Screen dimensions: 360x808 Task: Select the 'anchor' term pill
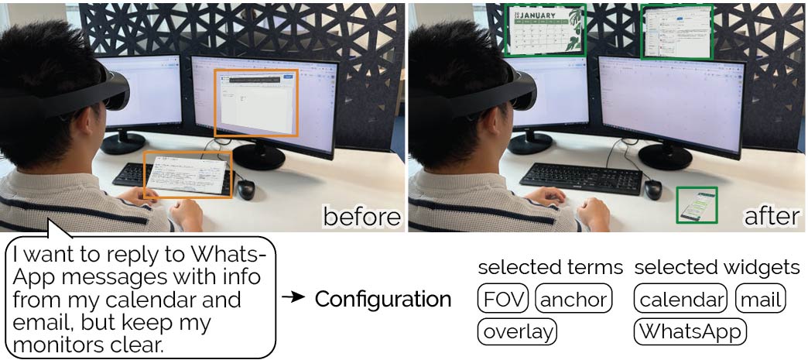pos(573,299)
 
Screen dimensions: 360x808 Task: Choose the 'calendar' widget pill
pos(681,299)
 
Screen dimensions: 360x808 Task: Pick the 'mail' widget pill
pos(760,299)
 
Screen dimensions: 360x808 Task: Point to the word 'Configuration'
pos(382,299)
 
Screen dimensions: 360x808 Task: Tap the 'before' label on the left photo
pos(361,216)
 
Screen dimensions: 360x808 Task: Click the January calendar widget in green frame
pos(545,31)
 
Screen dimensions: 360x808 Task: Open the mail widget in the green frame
pos(676,31)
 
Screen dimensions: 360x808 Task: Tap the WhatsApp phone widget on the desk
pos(697,205)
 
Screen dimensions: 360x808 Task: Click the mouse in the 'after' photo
pos(652,188)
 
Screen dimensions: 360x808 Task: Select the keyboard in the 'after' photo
pos(580,178)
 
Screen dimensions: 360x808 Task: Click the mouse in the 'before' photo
pos(246,189)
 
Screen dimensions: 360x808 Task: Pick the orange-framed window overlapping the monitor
pos(256,102)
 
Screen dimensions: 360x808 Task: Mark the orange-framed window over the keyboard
pos(187,175)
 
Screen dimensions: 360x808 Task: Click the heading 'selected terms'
pos(550,268)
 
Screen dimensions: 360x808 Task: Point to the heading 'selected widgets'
pos(717,268)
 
